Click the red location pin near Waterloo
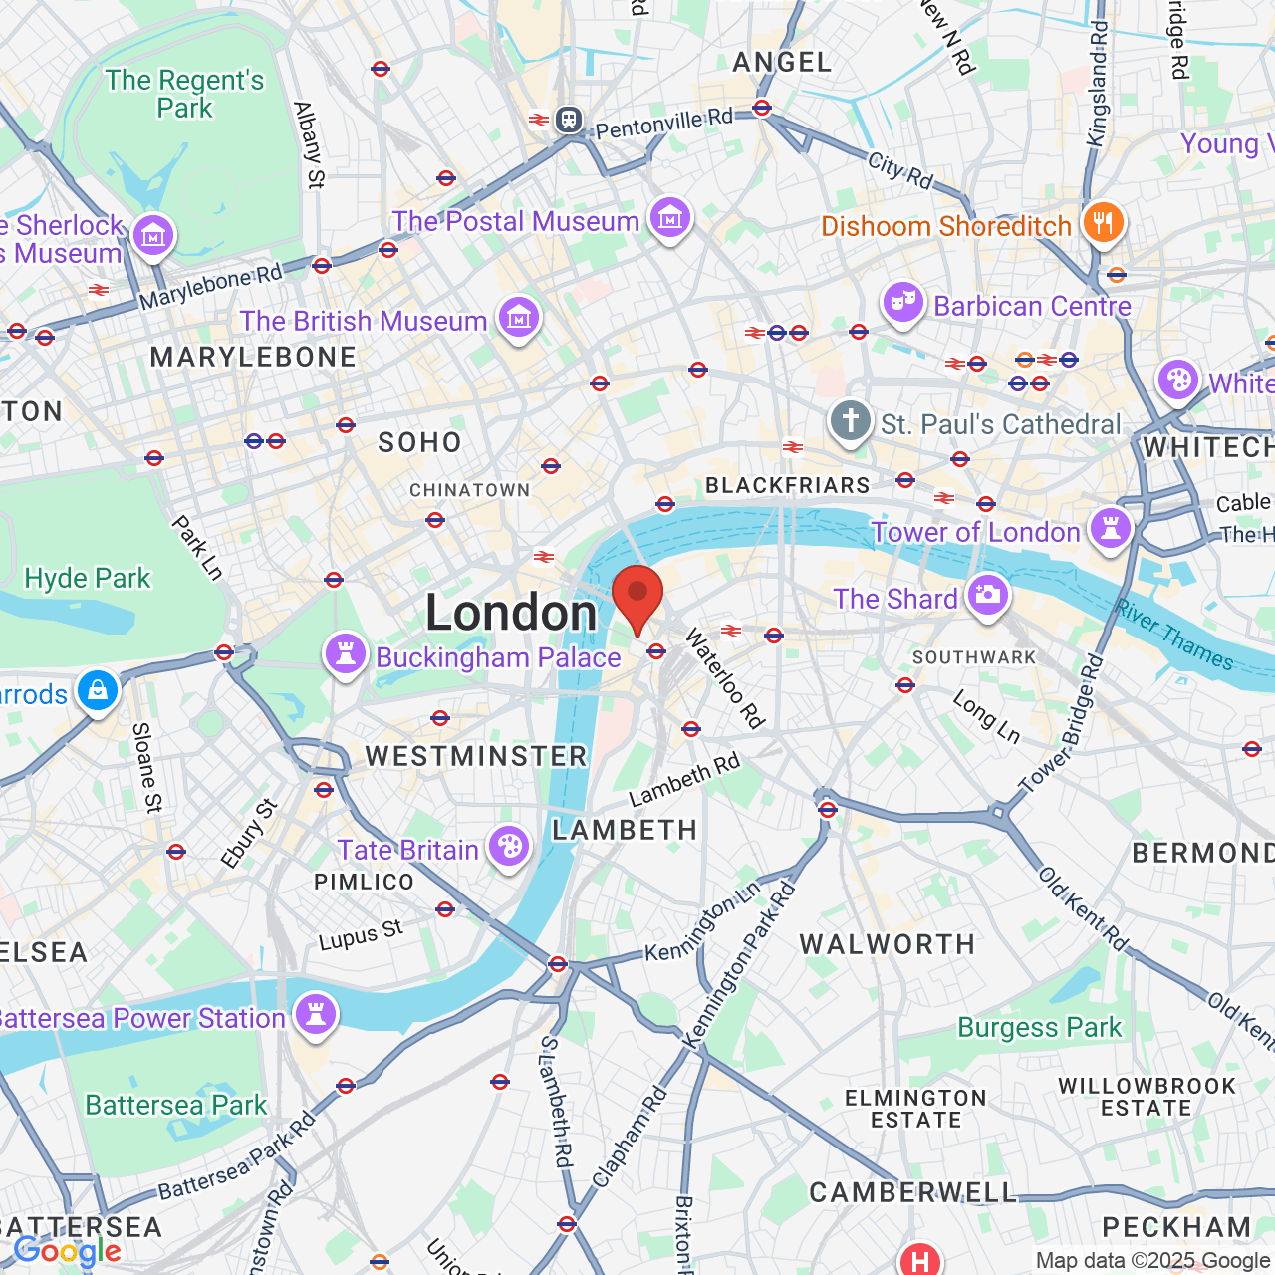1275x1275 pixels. [637, 596]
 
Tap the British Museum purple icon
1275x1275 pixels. [519, 319]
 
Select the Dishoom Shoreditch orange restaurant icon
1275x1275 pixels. [1103, 223]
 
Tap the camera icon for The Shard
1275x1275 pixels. [987, 596]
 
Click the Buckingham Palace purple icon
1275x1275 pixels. [346, 654]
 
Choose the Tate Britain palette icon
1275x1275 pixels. [509, 847]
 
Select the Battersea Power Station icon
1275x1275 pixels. [316, 1015]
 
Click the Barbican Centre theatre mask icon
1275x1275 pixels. [903, 302]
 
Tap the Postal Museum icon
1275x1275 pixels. [669, 218]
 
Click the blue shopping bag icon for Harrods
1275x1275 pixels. [98, 690]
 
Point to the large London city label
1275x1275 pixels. [511, 612]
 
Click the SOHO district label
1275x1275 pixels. [419, 442]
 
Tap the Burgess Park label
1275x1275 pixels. [1039, 1027]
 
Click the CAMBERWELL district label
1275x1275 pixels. [912, 1192]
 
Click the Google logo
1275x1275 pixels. [67, 1251]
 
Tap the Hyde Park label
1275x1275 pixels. [88, 578]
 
